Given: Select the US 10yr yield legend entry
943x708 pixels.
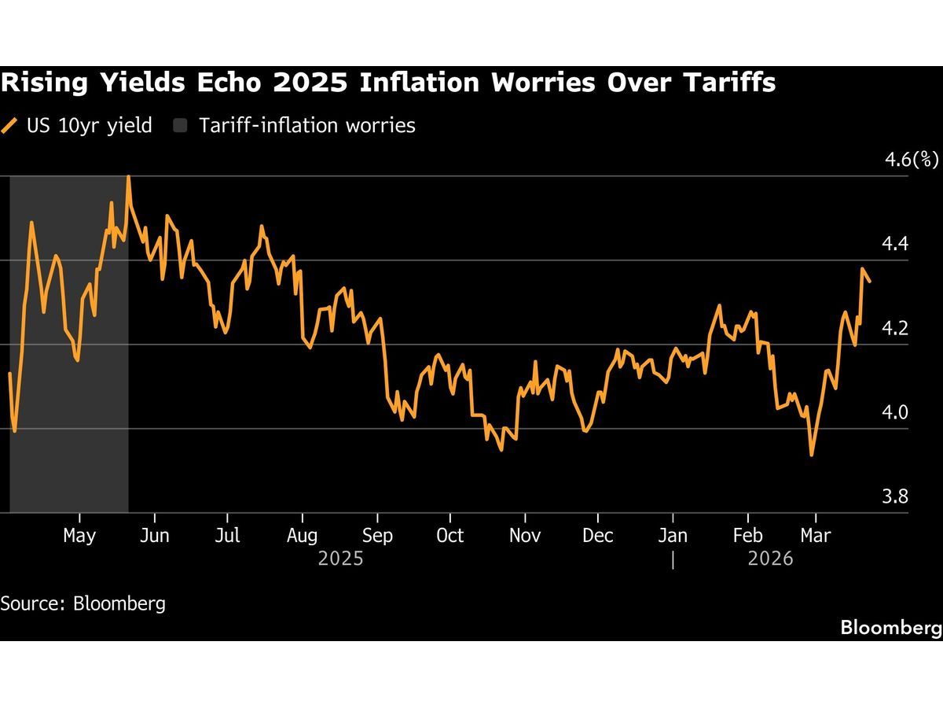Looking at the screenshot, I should coord(79,125).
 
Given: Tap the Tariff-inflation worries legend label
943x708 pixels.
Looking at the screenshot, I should coord(306,125).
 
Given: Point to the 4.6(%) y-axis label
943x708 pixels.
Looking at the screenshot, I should coord(912,160).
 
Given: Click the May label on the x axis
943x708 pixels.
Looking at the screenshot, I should coord(79,536).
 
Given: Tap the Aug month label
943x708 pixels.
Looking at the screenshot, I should coord(303,536).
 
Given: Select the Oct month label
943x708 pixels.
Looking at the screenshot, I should coord(449,536).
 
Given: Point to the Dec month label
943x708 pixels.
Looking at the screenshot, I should coord(598,536).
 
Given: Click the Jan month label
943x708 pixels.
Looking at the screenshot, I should coord(673,536).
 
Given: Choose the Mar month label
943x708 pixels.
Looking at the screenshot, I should coord(815,536).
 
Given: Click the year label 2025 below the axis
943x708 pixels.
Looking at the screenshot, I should coord(340,559).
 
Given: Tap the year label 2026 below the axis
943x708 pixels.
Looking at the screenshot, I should coord(770,559).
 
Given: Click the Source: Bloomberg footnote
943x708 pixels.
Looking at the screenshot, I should coord(83,603).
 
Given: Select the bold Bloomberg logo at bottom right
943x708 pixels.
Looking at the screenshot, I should coord(890,628).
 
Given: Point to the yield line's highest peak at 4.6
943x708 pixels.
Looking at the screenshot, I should coord(128,177).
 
